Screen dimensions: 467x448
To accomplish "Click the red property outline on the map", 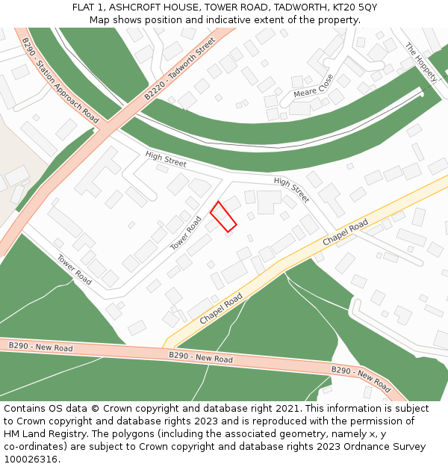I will [x=223, y=216].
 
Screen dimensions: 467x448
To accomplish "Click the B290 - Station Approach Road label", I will [x=60, y=81].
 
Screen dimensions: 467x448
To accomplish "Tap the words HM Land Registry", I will [x=43, y=434].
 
